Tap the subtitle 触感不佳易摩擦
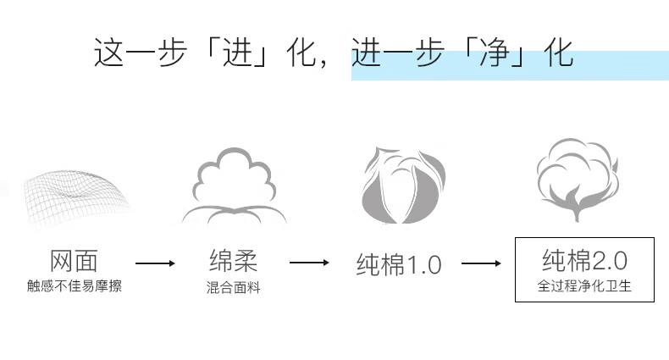pyautogui.click(x=75, y=286)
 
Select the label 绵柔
pyautogui.click(x=232, y=260)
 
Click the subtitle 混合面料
pyautogui.click(x=233, y=288)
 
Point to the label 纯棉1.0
pyautogui.click(x=398, y=264)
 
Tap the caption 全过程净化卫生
pyautogui.click(x=585, y=286)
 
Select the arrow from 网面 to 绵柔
pyautogui.click(x=155, y=263)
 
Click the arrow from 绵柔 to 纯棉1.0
pyautogui.click(x=309, y=263)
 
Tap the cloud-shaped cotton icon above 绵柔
pyautogui.click(x=233, y=188)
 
